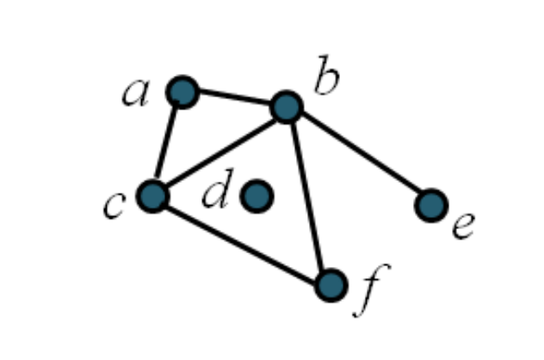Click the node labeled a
coord(182,91)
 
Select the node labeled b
coord(286,107)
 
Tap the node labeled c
coord(153,196)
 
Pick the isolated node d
coord(257,196)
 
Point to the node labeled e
coord(430,205)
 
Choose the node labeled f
coord(331,284)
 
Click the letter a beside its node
coord(135,93)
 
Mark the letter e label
coord(463,227)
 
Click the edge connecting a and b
coord(234,99)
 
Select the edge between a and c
coord(168,144)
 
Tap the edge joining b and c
coord(219,152)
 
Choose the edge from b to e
coord(358,156)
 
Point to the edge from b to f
coord(308,196)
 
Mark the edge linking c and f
coord(242,240)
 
